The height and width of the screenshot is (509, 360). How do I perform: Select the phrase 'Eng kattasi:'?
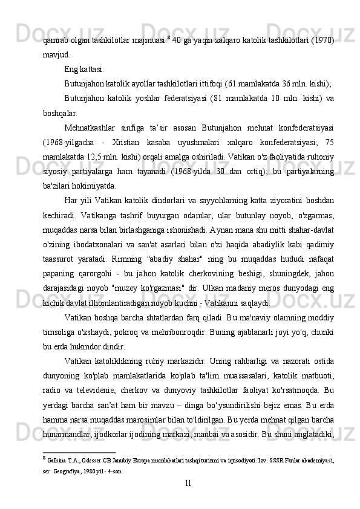[x=84, y=70]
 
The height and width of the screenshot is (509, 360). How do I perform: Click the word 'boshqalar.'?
[x=61, y=113]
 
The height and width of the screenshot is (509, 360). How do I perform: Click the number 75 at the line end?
[x=329, y=142]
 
